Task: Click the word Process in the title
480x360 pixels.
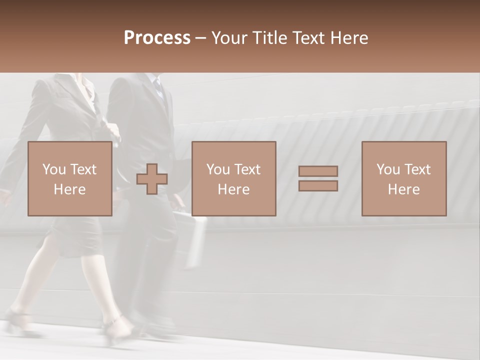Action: (x=157, y=38)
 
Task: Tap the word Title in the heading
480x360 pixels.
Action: (x=271, y=38)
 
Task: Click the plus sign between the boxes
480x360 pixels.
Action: (x=152, y=178)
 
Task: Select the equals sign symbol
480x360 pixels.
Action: (x=318, y=178)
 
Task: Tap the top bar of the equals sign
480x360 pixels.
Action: (x=318, y=171)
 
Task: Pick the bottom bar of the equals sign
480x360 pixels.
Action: (x=318, y=186)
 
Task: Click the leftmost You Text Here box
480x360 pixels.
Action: (x=69, y=178)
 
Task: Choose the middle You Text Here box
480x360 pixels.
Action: (x=233, y=178)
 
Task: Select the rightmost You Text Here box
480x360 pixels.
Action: (x=403, y=178)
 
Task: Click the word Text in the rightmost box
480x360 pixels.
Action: (x=417, y=169)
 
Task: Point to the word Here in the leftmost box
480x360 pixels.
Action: (x=69, y=189)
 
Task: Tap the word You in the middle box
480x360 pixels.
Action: (x=218, y=169)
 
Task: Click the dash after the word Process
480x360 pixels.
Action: (x=201, y=38)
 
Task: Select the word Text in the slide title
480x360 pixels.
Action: (x=307, y=38)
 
